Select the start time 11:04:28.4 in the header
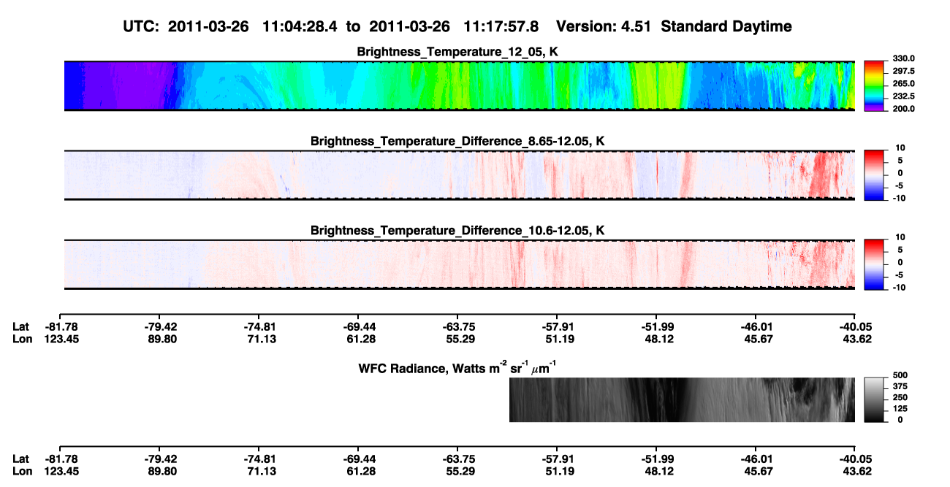[x=300, y=26]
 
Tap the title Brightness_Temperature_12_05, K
[x=457, y=52]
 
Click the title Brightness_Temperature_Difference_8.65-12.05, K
[x=457, y=141]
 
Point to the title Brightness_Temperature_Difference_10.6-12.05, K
[x=457, y=231]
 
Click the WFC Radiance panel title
[x=457, y=368]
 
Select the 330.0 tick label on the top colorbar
[x=903, y=58]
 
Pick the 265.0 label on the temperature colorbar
[x=903, y=83]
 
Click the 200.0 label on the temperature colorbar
[x=903, y=109]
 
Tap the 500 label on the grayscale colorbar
[x=900, y=375]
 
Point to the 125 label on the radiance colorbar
[x=900, y=409]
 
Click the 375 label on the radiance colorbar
[x=900, y=386]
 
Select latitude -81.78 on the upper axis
[x=61, y=327]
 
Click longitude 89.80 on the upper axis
[x=162, y=339]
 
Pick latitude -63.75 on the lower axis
[x=459, y=459]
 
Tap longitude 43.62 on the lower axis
[x=857, y=472]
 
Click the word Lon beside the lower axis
[x=22, y=472]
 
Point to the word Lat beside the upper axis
[x=20, y=327]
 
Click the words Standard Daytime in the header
[x=726, y=26]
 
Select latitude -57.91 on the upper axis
[x=558, y=327]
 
